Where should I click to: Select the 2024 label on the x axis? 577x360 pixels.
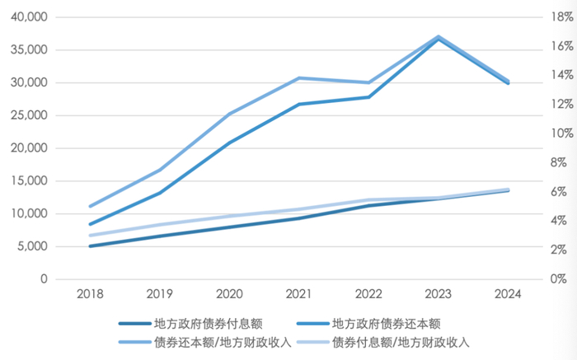[x=507, y=295]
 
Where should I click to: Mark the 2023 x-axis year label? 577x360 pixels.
[x=437, y=295]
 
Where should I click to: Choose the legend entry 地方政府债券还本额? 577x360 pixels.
[x=383, y=324]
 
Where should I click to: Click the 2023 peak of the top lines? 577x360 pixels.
[x=437, y=37]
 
